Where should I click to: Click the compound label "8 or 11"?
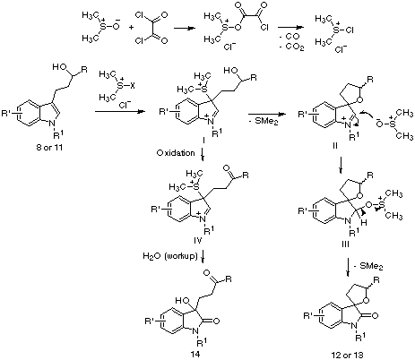(49, 148)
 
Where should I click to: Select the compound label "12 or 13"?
(347, 355)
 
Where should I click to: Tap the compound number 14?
(195, 354)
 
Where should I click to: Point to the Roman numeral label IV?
(198, 240)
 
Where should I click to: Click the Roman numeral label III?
(345, 244)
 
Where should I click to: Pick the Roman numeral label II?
(334, 146)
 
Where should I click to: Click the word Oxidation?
(176, 153)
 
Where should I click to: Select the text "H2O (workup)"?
(170, 256)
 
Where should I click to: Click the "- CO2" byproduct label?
(291, 47)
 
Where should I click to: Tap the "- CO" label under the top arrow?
(289, 37)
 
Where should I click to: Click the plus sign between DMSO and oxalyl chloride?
(132, 27)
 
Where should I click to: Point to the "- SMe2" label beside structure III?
(368, 266)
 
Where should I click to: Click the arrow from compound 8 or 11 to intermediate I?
(119, 112)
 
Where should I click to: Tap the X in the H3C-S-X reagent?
(133, 86)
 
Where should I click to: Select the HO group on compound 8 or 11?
(59, 67)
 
